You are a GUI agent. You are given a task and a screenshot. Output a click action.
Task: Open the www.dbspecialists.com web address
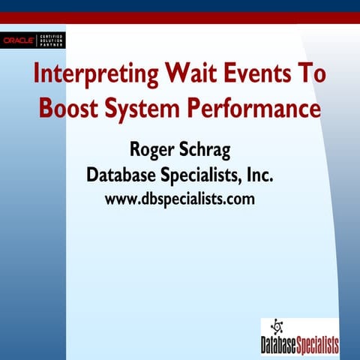pyautogui.click(x=180, y=199)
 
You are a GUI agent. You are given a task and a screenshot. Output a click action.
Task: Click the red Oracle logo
pyautogui.click(x=16, y=40)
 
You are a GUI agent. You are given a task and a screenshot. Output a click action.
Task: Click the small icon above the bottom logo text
pyautogui.click(x=277, y=327)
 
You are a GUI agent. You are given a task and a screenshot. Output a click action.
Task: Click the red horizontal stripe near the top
pyautogui.click(x=180, y=18)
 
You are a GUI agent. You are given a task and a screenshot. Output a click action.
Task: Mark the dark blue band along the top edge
pyautogui.click(x=180, y=5)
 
